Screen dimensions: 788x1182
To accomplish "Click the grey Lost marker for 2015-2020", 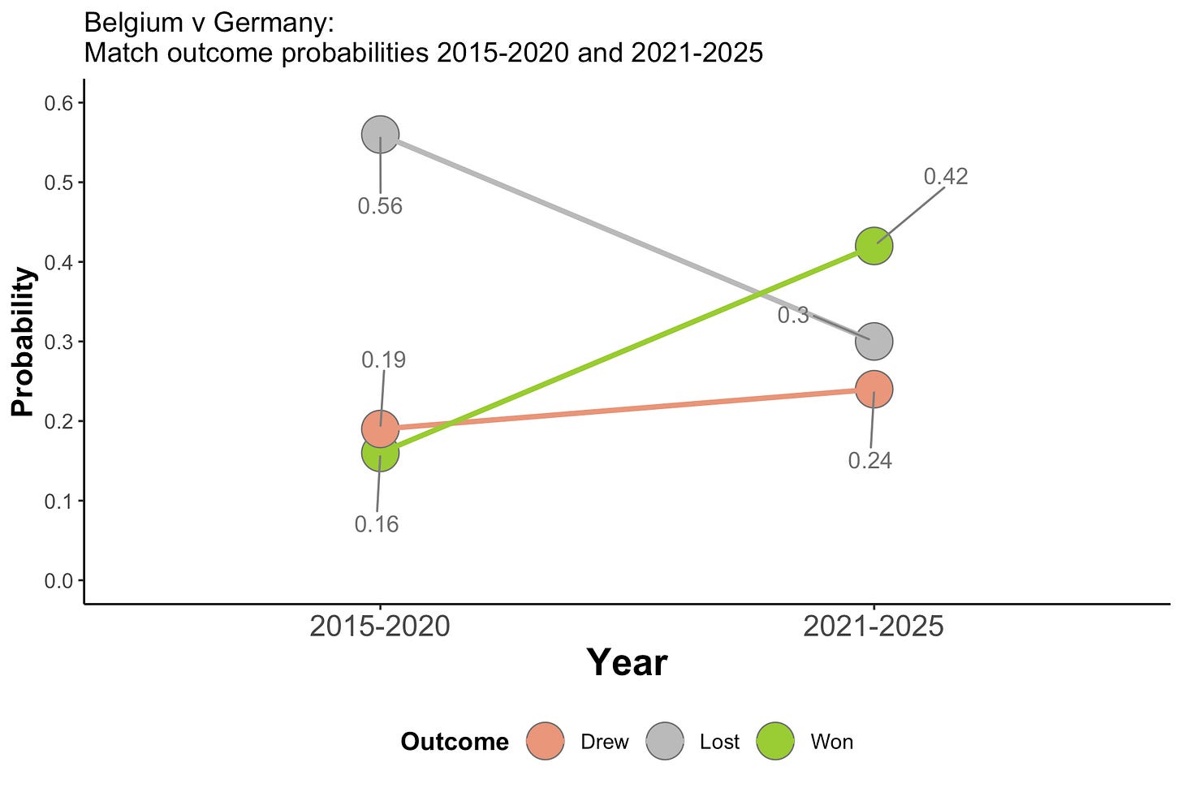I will click(x=380, y=135).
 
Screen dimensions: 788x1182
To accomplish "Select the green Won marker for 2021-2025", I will click(x=874, y=246).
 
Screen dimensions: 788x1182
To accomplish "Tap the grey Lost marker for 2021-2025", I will click(x=874, y=342).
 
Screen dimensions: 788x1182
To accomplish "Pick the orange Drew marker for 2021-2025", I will click(x=874, y=390).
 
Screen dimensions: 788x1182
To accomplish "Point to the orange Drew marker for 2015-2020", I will click(x=380, y=428).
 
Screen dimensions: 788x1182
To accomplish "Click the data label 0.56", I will click(x=380, y=206).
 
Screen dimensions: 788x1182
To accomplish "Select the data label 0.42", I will click(x=946, y=176).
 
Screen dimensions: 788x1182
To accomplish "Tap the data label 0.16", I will click(x=377, y=524).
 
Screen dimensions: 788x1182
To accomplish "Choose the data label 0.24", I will click(x=869, y=461).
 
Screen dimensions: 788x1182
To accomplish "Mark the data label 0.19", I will click(x=383, y=360).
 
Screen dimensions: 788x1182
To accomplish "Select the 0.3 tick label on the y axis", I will click(x=58, y=342).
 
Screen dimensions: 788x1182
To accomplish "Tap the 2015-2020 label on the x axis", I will click(x=380, y=627).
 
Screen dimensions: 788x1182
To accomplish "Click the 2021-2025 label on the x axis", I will click(x=874, y=627).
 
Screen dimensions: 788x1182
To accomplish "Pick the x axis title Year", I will click(x=627, y=663).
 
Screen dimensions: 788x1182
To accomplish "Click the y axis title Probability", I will click(x=23, y=342).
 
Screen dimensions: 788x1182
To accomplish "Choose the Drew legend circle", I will click(x=546, y=742).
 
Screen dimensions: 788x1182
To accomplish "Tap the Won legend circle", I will click(x=775, y=742).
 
